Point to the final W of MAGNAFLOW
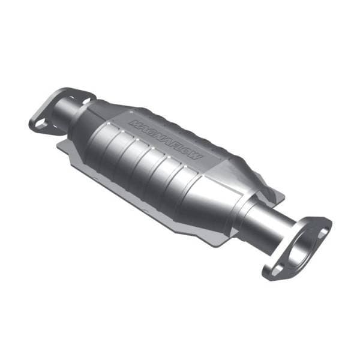199,157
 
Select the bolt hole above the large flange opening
323,230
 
